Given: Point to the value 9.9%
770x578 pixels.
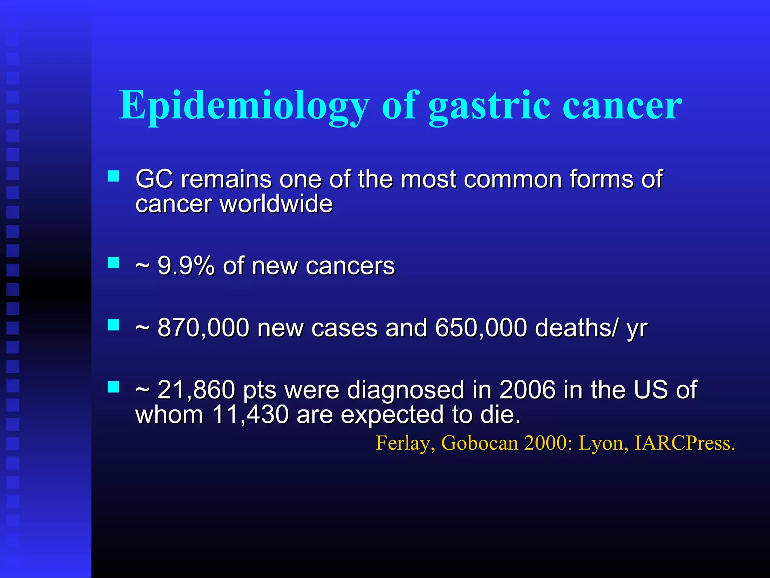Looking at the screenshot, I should click(186, 266).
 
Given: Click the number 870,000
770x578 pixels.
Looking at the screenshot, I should click(203, 327).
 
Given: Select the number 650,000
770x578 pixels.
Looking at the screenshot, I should click(481, 327).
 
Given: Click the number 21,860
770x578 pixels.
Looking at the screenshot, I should click(196, 389).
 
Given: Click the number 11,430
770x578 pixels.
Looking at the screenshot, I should click(250, 414).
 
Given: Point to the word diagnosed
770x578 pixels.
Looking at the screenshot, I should click(406, 390).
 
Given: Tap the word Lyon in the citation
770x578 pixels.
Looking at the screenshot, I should click(603, 443).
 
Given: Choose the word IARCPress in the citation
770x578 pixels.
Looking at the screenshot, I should click(684, 443).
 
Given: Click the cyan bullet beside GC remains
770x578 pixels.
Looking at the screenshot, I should click(113, 176).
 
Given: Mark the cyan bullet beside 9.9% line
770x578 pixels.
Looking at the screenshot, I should click(113, 263).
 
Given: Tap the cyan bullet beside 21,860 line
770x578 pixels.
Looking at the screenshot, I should click(113, 387).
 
